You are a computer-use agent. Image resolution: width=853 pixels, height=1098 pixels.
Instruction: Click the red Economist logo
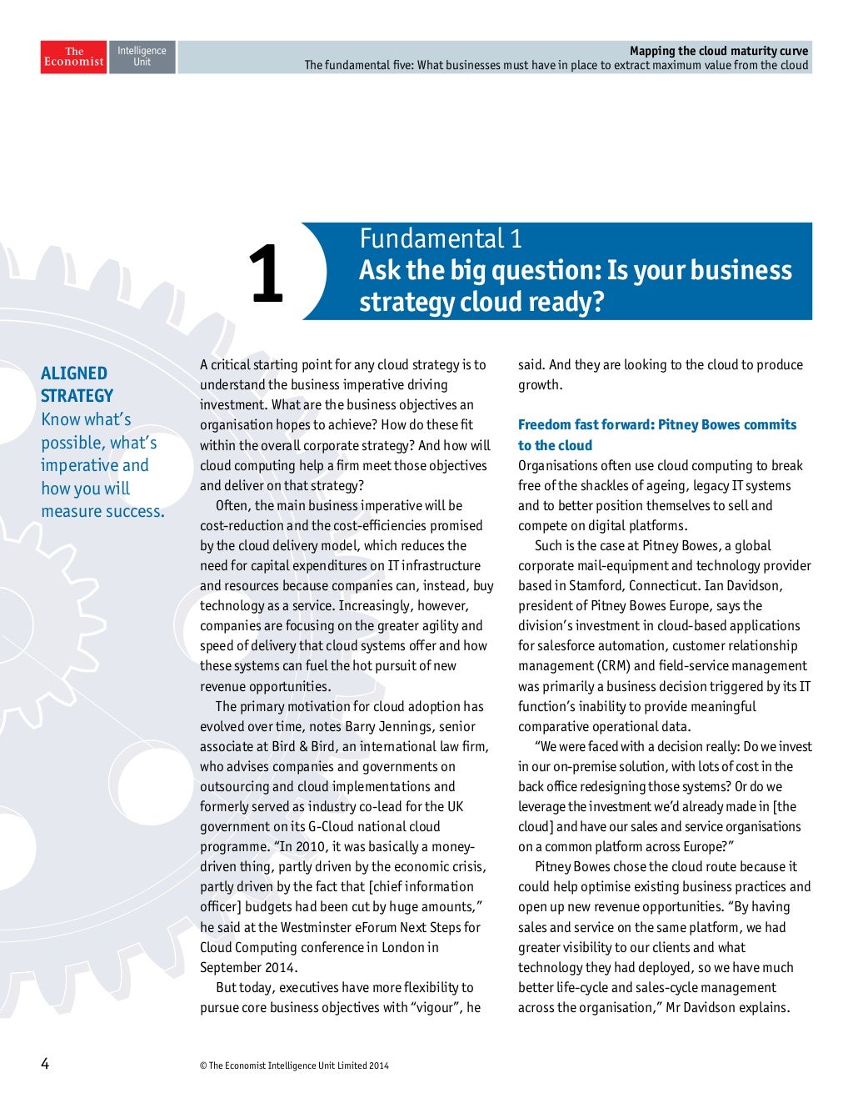[73, 57]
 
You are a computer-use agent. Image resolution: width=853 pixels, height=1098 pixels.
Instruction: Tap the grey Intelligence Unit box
[142, 57]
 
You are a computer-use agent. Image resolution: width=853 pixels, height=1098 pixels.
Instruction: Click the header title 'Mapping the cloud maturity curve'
[718, 51]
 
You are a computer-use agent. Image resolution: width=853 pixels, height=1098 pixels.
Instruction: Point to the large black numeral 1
[267, 273]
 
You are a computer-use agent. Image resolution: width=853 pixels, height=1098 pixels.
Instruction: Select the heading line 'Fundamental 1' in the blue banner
[441, 239]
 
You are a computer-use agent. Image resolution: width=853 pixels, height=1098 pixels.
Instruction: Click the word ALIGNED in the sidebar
[74, 374]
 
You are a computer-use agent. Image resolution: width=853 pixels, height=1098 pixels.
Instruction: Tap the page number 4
[45, 1064]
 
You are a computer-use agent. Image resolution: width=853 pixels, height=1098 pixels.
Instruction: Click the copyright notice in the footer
[294, 1065]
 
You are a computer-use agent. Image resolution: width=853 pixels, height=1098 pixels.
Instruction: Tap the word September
[230, 967]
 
